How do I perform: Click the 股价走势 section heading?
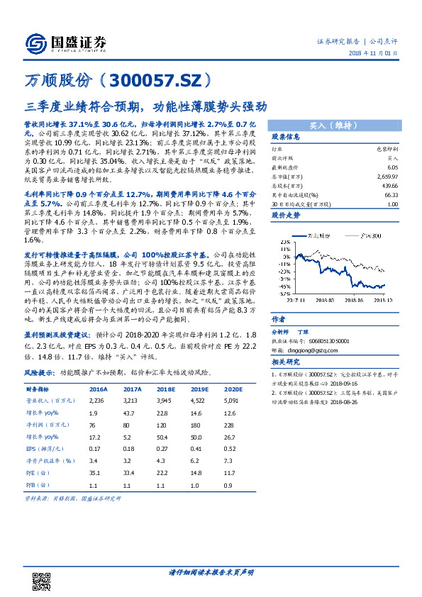click(285, 215)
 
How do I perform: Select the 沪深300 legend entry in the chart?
click(372, 235)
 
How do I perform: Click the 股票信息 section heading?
click(285, 137)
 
